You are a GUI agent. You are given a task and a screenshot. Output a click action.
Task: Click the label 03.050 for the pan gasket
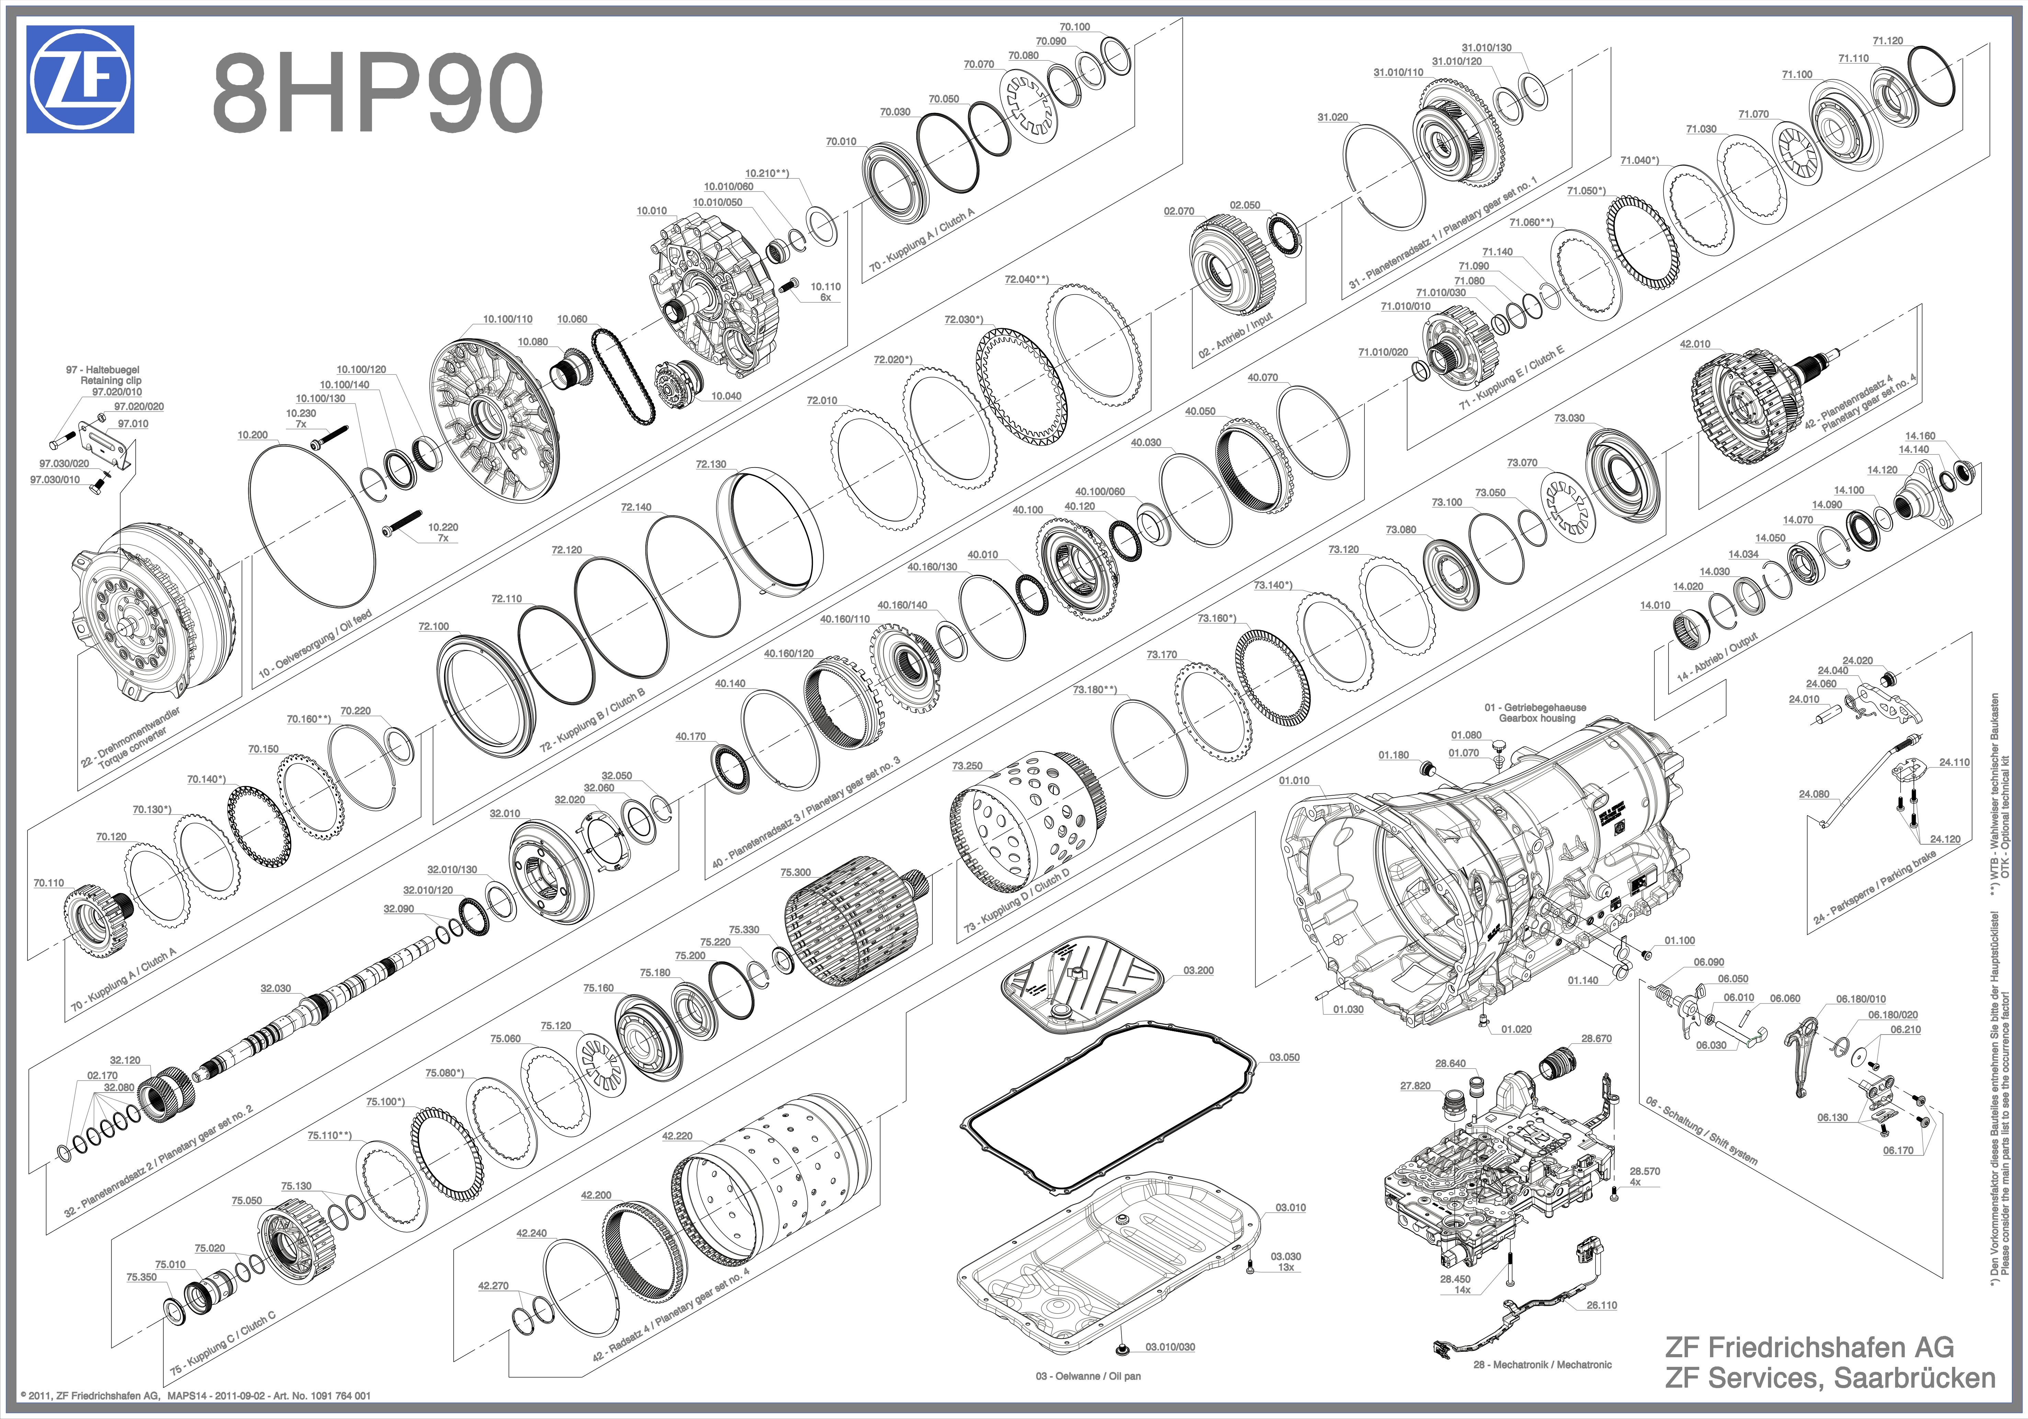click(1284, 1057)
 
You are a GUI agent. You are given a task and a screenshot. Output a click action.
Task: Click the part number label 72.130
click(711, 464)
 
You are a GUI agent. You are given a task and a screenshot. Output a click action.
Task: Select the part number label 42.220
click(678, 1135)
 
